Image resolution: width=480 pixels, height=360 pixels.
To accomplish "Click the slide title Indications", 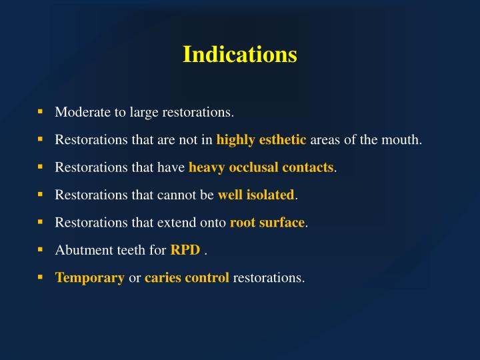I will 240,54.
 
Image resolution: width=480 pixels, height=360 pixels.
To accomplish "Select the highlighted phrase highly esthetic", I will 261,140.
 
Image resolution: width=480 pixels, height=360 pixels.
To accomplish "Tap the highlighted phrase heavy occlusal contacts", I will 261,167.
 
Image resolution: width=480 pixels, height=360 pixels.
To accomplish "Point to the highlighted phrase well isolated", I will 256,195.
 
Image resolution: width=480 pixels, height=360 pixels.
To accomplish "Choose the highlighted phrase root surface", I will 267,223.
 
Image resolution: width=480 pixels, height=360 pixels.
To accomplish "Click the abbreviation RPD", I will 185,250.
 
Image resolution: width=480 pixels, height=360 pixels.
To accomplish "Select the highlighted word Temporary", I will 89,277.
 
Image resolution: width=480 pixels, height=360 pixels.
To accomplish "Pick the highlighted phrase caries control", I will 187,277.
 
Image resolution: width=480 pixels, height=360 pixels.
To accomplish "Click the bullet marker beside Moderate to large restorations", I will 40,111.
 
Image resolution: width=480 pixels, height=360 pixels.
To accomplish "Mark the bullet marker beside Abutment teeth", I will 40,249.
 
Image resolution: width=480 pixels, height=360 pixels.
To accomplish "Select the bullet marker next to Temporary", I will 40,277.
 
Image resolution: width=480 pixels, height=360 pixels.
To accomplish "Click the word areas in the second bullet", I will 325,140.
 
